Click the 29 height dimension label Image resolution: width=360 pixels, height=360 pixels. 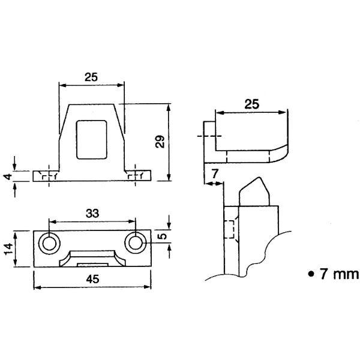pos(160,142)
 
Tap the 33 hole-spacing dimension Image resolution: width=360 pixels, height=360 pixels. pos(92,213)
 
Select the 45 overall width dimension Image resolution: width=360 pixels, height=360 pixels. pos(93,279)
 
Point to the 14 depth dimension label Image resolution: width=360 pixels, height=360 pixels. pos(8,249)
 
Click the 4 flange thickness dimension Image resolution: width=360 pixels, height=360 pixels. pos(8,177)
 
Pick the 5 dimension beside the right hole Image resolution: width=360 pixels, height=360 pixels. pos(163,236)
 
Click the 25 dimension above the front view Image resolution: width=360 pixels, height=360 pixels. pos(91,77)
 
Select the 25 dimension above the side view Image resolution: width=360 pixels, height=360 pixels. pos(251,104)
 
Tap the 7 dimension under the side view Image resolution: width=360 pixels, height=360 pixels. pos(215,174)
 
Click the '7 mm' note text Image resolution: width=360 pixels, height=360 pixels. pos(339,274)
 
